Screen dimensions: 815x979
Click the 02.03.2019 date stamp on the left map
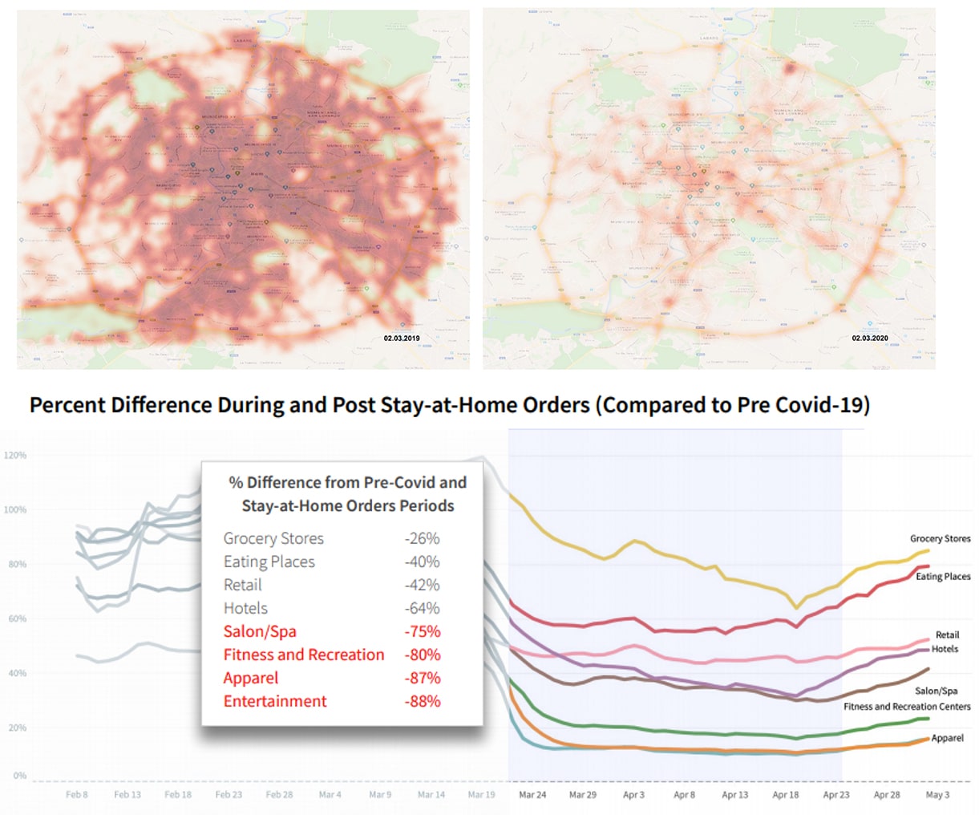(x=401, y=339)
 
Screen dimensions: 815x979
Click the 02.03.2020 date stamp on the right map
(x=869, y=339)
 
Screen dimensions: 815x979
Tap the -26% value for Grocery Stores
(x=422, y=538)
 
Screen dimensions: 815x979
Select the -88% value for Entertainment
(x=422, y=701)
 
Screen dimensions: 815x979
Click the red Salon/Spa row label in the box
(x=260, y=631)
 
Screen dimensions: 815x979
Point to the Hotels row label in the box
(x=245, y=608)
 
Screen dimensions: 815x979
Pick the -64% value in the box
(x=422, y=608)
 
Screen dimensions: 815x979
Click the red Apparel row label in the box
(x=251, y=678)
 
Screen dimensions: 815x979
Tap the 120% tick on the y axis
(x=15, y=455)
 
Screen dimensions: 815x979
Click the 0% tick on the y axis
(x=19, y=776)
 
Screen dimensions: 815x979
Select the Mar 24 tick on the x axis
(x=532, y=795)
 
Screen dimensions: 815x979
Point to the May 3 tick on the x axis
(x=937, y=795)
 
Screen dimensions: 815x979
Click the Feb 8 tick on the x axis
(x=77, y=795)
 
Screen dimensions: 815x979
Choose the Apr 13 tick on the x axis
(x=734, y=795)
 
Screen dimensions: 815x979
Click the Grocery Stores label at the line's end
(x=940, y=538)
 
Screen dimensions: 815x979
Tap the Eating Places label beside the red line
(x=943, y=576)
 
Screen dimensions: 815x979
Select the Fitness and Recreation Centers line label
(x=906, y=707)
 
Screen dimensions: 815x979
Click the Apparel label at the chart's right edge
(x=947, y=738)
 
